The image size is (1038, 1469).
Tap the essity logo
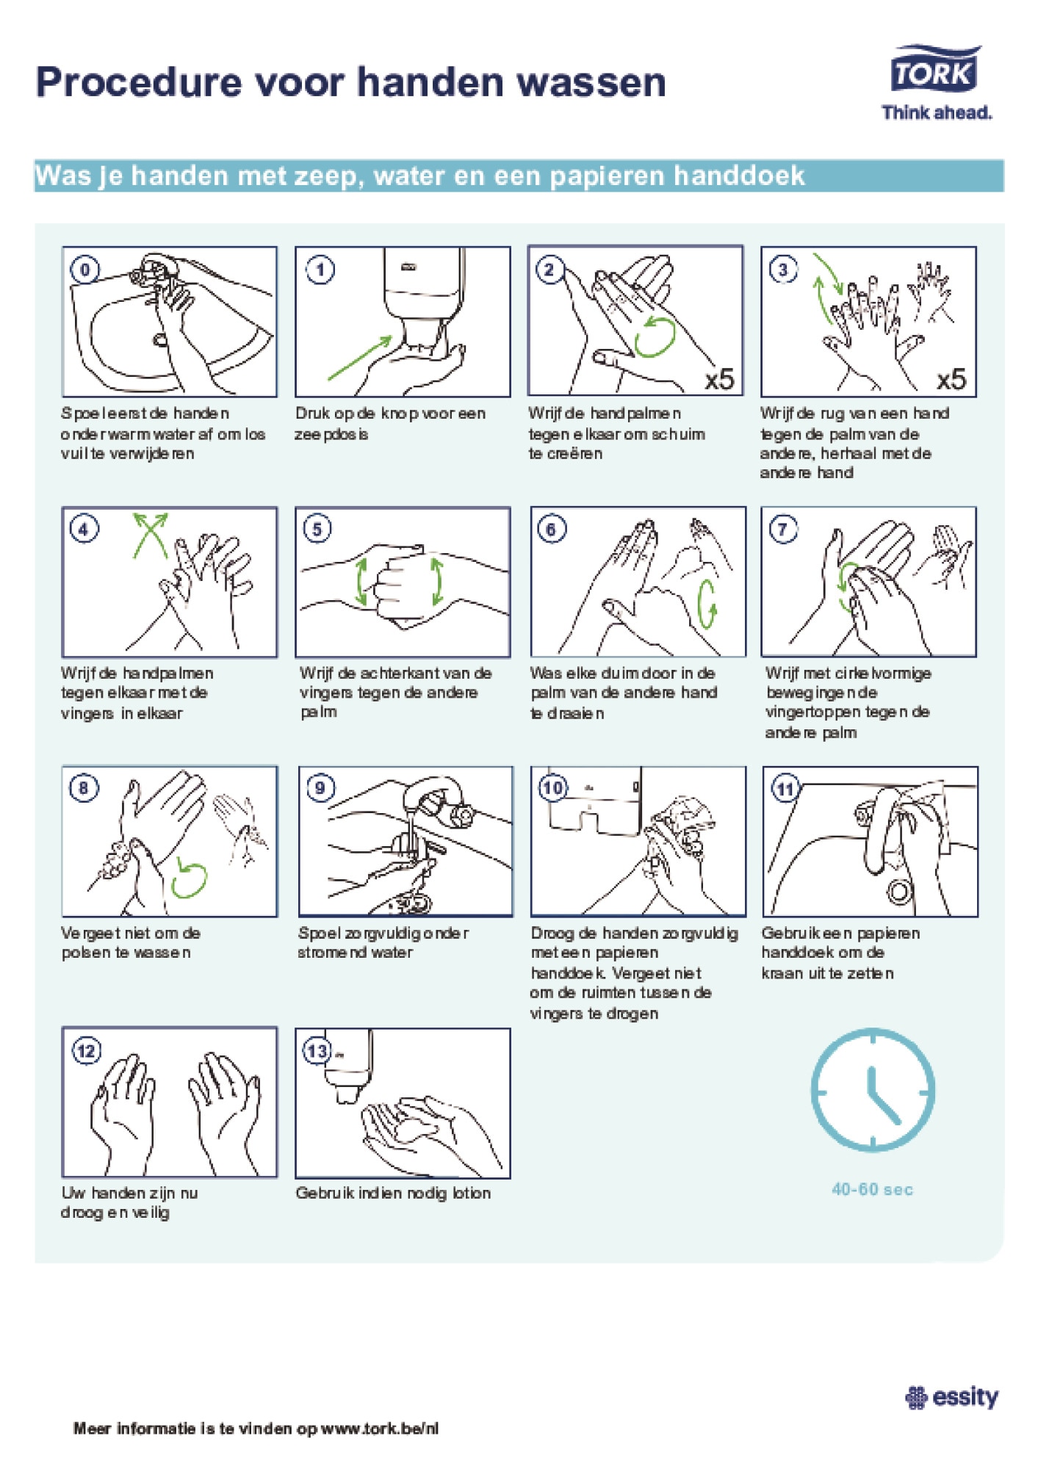pyautogui.click(x=952, y=1396)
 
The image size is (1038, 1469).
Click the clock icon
pyautogui.click(x=873, y=1089)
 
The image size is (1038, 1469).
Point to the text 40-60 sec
pyautogui.click(x=872, y=1189)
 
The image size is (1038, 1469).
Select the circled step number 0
pyautogui.click(x=84, y=270)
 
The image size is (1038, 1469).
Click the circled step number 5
pyautogui.click(x=317, y=529)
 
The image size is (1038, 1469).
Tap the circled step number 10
pyautogui.click(x=552, y=788)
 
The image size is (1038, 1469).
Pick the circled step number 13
pyautogui.click(x=317, y=1050)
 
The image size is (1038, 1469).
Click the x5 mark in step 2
pyautogui.click(x=719, y=379)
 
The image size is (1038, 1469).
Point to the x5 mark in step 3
pyautogui.click(x=951, y=379)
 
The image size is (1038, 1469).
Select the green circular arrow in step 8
pyautogui.click(x=189, y=879)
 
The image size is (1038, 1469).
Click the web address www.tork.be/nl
pyautogui.click(x=380, y=1429)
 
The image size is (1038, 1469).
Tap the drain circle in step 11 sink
pyautogui.click(x=900, y=891)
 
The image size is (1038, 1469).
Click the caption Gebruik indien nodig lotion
pyautogui.click(x=393, y=1193)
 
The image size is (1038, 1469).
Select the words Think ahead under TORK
pyautogui.click(x=937, y=112)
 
